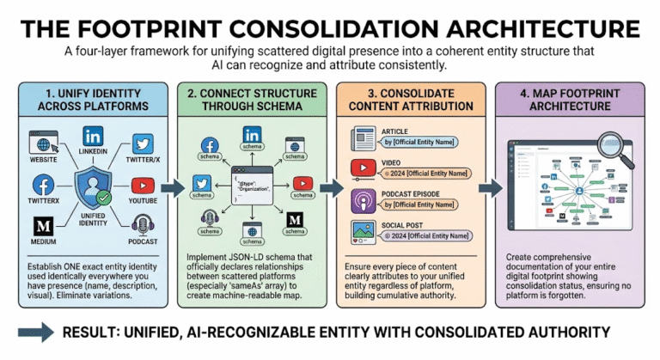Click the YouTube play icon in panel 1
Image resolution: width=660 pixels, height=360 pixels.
pyautogui.click(x=144, y=185)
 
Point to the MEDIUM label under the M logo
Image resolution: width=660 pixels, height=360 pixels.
pyautogui.click(x=44, y=241)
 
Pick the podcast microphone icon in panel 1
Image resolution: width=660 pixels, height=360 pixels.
pyautogui.click(x=144, y=226)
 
